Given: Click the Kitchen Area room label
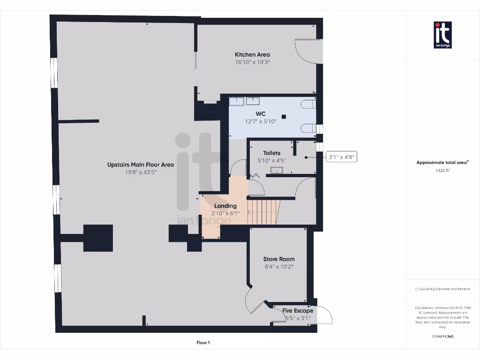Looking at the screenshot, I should click(x=252, y=54).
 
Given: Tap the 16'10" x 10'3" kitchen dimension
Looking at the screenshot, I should click(x=252, y=62).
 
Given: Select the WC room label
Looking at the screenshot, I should click(x=261, y=114).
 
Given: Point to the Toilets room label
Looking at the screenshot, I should click(x=271, y=153).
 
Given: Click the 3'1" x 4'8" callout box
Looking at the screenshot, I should click(x=342, y=157).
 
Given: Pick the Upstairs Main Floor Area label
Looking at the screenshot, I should click(x=140, y=165).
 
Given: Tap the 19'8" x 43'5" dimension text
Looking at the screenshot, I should click(x=140, y=172).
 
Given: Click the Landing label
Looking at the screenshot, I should click(x=225, y=206).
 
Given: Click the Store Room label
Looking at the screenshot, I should click(x=278, y=259).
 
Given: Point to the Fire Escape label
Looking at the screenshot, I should click(x=298, y=310).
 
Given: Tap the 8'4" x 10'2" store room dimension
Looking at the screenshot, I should click(x=278, y=267).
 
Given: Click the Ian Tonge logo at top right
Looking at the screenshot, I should click(x=442, y=35).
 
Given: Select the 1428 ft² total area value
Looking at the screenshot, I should click(x=442, y=171).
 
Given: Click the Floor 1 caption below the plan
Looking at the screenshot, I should click(x=203, y=343).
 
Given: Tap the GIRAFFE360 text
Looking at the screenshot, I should click(x=442, y=336).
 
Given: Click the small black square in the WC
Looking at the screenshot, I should click(x=284, y=116).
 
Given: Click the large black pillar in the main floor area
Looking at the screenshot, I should click(x=98, y=238).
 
